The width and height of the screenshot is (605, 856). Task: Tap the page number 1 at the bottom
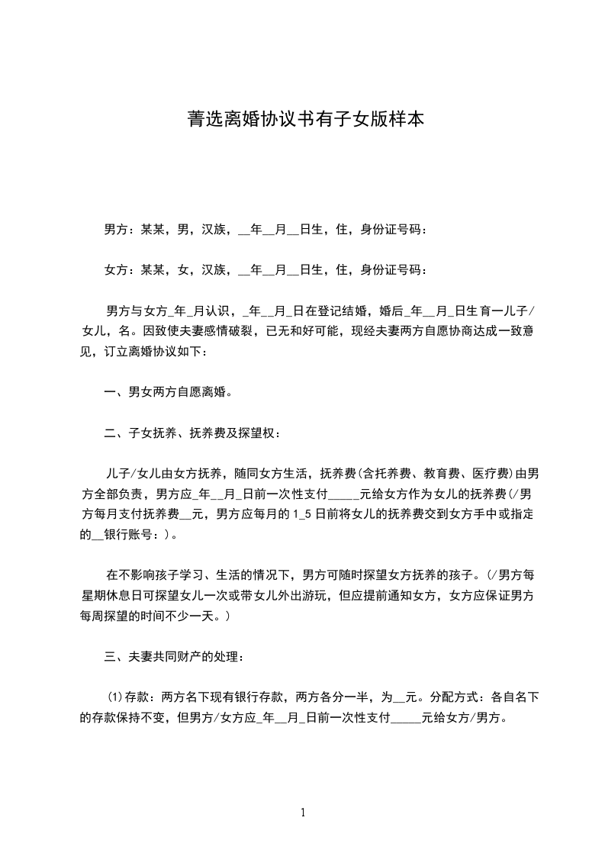303,813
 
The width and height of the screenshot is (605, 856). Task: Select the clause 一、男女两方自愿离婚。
169,392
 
